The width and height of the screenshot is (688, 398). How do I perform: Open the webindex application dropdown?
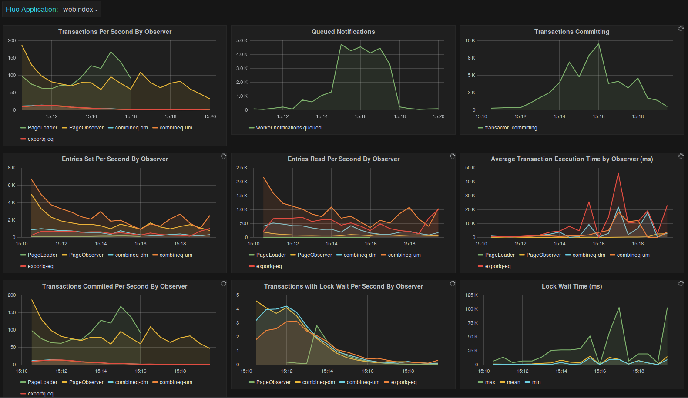[x=80, y=10]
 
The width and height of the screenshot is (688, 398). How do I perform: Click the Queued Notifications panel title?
[x=343, y=32]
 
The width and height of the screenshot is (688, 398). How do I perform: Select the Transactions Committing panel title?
[x=571, y=32]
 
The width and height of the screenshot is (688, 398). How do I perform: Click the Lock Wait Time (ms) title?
[x=571, y=286]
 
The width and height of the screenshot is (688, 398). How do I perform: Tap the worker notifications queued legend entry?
[x=289, y=128]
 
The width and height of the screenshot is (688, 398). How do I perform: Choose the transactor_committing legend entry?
[x=511, y=128]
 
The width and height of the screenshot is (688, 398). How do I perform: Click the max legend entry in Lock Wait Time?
[x=490, y=382]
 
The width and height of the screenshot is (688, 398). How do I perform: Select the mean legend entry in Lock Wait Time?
[x=513, y=382]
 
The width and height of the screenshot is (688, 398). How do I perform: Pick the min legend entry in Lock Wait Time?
[x=536, y=382]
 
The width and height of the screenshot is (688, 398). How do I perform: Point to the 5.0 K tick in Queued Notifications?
[x=242, y=40]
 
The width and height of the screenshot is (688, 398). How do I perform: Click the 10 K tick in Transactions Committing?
[x=470, y=40]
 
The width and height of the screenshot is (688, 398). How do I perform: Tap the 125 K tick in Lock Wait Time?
[x=471, y=295]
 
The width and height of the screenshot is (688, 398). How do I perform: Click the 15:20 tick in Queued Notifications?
[x=438, y=116]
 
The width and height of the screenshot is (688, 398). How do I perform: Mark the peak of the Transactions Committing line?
[x=599, y=44]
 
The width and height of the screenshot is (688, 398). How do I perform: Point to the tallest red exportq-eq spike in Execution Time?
[x=618, y=174]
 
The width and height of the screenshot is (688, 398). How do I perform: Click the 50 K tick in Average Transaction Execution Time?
[x=470, y=168]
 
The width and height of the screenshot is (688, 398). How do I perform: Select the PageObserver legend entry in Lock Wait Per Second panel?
[x=273, y=382]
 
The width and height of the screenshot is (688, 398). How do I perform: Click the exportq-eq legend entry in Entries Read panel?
[x=268, y=266]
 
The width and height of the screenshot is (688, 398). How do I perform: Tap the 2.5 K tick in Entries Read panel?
[x=242, y=168]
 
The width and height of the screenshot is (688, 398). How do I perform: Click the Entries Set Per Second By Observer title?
[x=115, y=159]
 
